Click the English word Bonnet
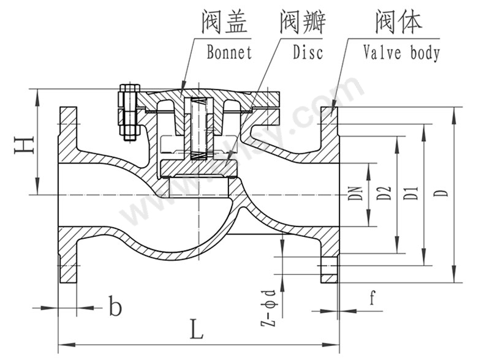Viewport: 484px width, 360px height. coord(229,53)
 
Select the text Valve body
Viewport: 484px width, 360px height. coord(402,53)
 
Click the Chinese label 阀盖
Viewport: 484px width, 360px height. coord(224,23)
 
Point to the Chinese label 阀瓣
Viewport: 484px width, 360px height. coord(302,23)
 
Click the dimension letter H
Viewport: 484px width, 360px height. coord(23,144)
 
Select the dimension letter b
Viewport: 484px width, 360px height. coord(115,306)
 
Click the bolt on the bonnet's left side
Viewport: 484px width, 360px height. coord(128,114)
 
